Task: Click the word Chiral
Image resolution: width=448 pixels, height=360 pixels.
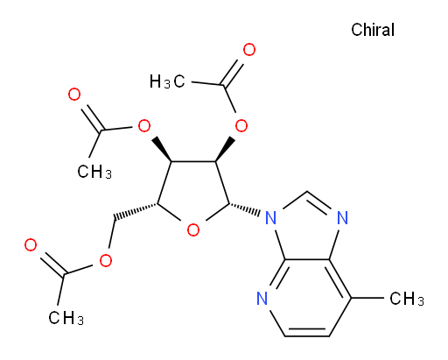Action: (373, 30)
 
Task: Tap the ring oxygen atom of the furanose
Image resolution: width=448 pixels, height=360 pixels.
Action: (193, 229)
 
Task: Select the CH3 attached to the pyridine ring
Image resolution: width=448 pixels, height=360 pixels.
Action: (407, 299)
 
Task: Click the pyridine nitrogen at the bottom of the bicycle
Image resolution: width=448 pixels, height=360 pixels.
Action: (262, 298)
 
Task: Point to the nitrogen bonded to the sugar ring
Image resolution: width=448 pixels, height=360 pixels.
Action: (270, 217)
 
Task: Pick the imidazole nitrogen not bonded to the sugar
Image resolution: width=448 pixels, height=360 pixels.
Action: (342, 217)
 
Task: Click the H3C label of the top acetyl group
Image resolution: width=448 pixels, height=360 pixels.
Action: (167, 81)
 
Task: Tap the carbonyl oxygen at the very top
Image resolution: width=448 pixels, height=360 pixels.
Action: (249, 50)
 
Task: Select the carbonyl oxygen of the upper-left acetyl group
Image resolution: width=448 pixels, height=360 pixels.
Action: (74, 95)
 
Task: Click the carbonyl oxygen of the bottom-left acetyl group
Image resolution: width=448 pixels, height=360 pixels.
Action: (31, 244)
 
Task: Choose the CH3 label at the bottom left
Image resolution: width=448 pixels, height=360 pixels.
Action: (66, 317)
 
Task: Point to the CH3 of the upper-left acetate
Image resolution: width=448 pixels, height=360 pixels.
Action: (94, 171)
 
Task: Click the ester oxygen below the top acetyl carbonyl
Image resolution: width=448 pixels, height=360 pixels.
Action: (241, 126)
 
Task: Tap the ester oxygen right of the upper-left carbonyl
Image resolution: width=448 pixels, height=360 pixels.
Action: (144, 126)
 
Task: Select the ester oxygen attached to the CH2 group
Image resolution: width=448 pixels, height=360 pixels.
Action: (105, 260)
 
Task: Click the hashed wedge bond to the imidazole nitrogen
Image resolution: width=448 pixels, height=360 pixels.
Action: (244, 209)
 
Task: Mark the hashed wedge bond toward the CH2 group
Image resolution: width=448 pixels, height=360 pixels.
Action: (136, 211)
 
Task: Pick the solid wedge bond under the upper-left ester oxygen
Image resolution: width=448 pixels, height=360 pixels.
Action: (162, 149)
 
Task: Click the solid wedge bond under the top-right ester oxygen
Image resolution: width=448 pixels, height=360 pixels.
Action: (225, 149)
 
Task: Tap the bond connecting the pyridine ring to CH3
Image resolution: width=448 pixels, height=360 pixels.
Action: (367, 298)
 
